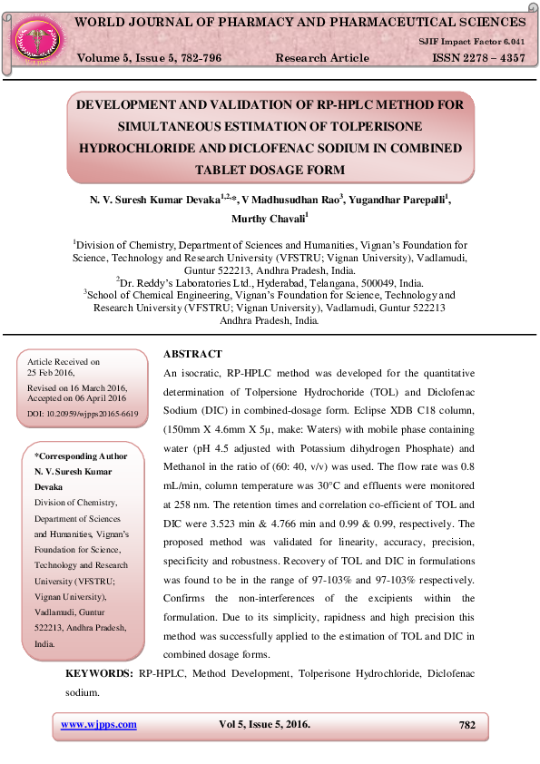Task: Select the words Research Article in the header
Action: click(x=321, y=57)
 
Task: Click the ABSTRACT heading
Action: click(x=192, y=354)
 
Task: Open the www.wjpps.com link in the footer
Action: click(x=98, y=724)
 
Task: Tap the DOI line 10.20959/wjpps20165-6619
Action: click(x=83, y=414)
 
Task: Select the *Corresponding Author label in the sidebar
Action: click(x=81, y=455)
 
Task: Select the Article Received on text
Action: click(x=64, y=362)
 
